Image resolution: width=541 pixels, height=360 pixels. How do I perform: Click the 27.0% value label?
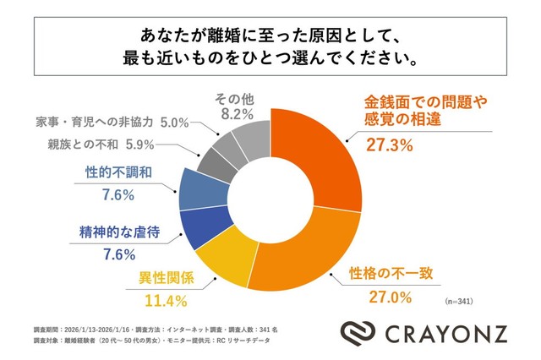point(390,297)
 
